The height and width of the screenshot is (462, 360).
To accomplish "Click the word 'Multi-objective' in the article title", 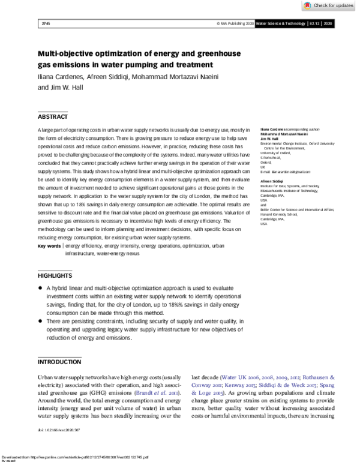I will [x=69, y=53].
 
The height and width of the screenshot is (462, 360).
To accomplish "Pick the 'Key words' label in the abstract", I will [x=49, y=246].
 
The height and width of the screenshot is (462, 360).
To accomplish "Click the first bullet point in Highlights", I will [x=40, y=288].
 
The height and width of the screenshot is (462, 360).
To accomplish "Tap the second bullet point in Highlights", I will [x=40, y=322].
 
